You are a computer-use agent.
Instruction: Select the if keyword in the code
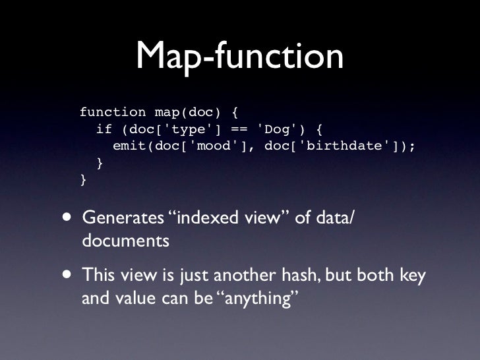[104, 129]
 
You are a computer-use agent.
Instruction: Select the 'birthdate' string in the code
[343, 146]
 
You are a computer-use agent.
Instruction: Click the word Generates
[125, 218]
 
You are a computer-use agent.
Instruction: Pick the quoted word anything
[258, 299]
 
